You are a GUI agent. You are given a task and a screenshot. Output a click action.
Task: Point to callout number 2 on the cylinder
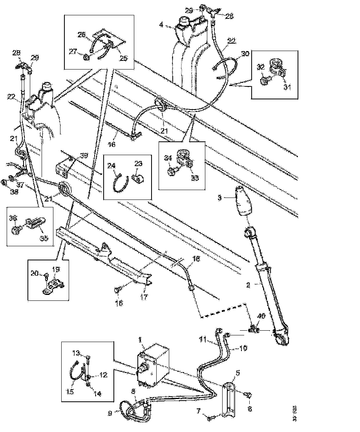[x=248, y=286]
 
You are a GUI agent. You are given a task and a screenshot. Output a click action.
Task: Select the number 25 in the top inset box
[x=124, y=59]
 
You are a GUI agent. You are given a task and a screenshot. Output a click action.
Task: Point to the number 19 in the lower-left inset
[x=56, y=269]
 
